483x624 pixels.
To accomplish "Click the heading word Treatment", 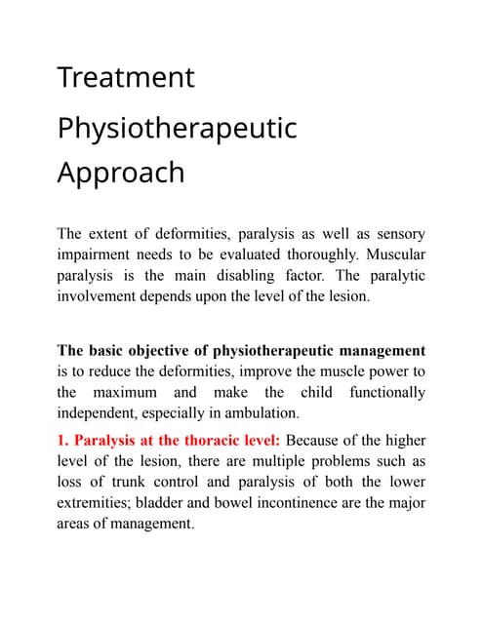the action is [126, 77].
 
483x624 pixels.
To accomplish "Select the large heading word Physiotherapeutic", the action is [177, 128].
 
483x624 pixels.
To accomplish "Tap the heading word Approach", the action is [120, 172].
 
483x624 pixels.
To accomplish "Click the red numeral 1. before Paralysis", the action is [64, 440].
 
